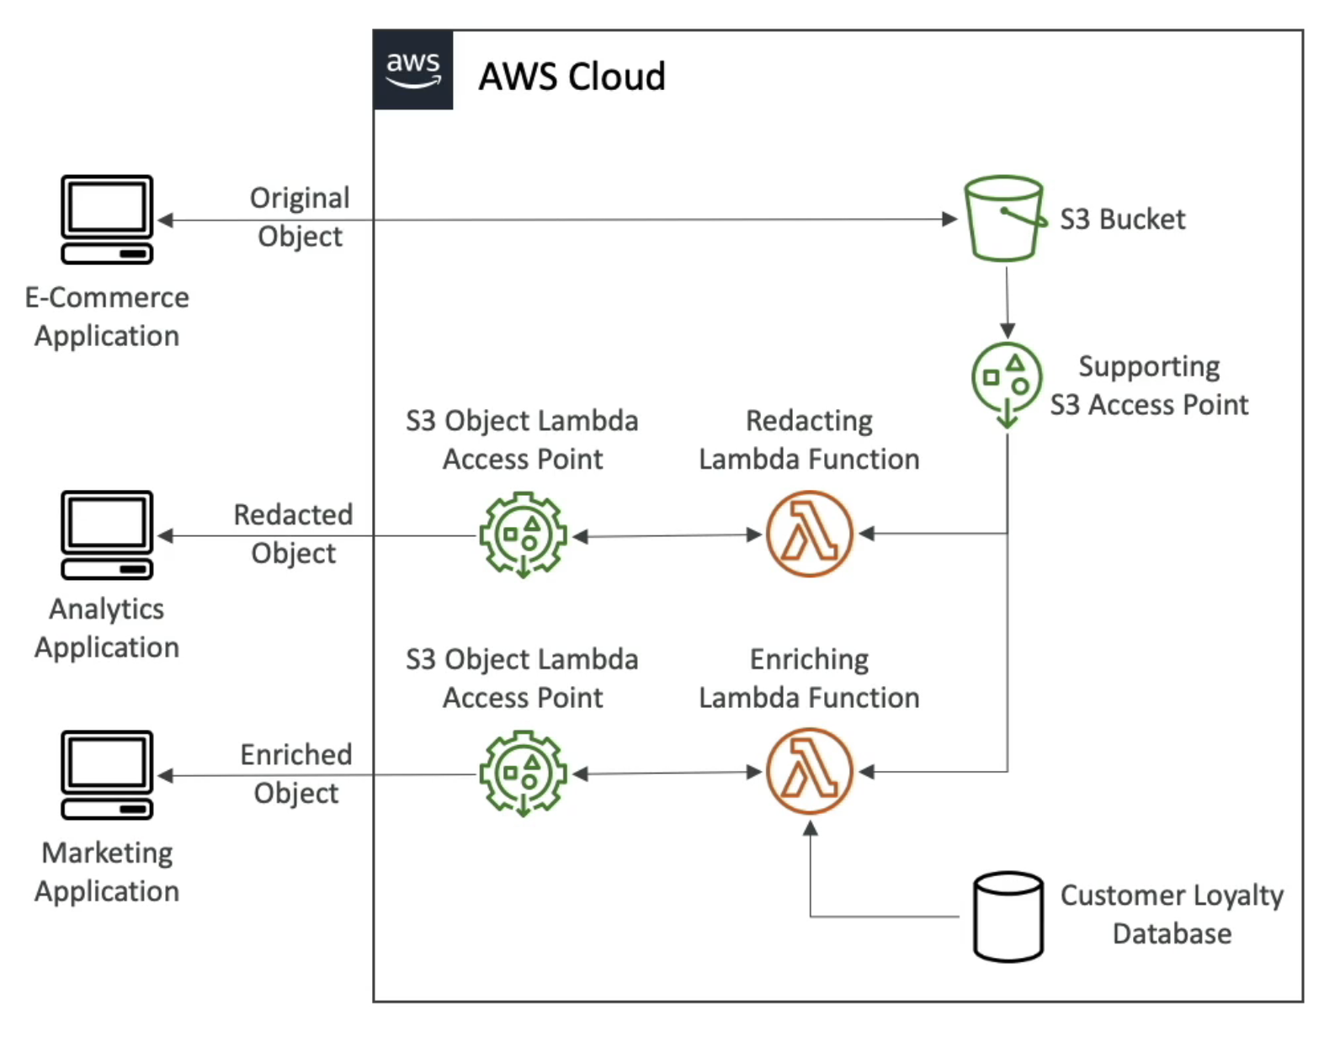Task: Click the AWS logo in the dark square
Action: pos(412,70)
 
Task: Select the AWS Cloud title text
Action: pos(572,77)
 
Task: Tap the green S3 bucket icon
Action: pos(1004,219)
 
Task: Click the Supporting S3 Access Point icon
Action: pos(1007,380)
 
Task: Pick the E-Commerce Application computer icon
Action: pos(107,220)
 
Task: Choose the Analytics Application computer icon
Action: pos(107,535)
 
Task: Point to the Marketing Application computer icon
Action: pos(107,775)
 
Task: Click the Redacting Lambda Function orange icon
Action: pos(810,534)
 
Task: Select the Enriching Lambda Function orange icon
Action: pos(810,772)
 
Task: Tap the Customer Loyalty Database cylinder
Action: pos(1008,917)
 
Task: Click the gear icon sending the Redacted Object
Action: pos(523,535)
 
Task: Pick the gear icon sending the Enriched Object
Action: pos(523,774)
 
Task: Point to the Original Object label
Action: pos(300,217)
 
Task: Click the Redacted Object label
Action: pos(293,534)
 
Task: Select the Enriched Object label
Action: pos(296,774)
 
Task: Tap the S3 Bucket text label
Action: pos(1122,220)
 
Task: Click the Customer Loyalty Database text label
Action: pos(1172,915)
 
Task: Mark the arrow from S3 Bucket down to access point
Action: pos(1007,303)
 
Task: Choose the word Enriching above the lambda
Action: pos(809,659)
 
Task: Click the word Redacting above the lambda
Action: pos(809,421)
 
